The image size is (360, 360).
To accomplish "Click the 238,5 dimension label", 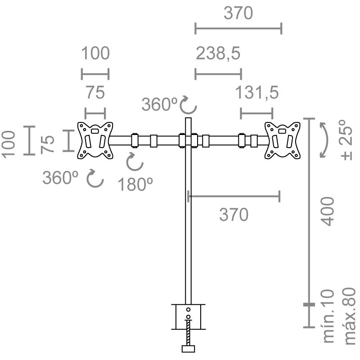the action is (x=218, y=54).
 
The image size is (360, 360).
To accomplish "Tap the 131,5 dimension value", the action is (x=256, y=93).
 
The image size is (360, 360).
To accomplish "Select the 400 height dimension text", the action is (x=327, y=211).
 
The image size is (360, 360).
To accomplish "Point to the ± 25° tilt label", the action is (x=346, y=139).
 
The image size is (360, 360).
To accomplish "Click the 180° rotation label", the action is (x=135, y=184).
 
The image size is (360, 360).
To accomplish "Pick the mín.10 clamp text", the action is (x=328, y=316).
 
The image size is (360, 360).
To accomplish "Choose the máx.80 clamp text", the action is (x=350, y=316).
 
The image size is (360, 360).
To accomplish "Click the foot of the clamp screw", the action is (x=188, y=349).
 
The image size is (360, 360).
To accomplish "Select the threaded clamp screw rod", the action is (x=188, y=333).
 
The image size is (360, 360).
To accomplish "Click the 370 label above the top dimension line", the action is (x=238, y=13).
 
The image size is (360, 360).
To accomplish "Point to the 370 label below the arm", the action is (x=234, y=215).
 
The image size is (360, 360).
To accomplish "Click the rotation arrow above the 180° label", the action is (x=135, y=162).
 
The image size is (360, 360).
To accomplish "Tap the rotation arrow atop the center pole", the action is (x=188, y=105).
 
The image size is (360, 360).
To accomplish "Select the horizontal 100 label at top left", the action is (x=95, y=53).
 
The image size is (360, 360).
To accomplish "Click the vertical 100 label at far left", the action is (x=8, y=144).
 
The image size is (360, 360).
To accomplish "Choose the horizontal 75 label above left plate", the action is (x=95, y=93).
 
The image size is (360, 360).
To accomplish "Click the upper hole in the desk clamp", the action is (x=188, y=310).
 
